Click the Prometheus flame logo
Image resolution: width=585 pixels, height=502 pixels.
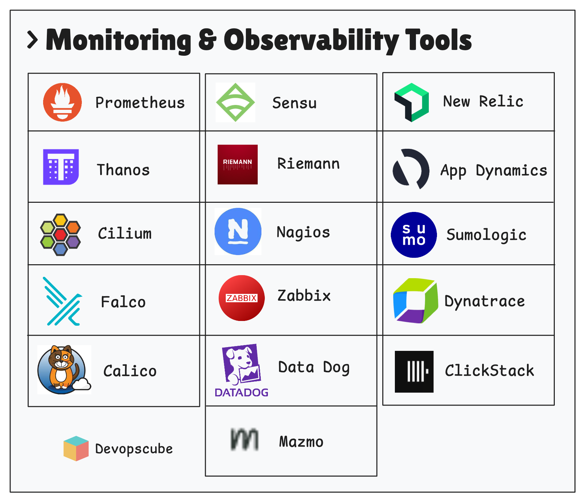62,102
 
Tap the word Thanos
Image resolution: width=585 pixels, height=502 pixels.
123,170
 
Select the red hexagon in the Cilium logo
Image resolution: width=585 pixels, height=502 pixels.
60,234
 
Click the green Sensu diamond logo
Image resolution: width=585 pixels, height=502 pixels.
235,102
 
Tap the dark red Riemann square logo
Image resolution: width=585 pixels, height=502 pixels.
238,165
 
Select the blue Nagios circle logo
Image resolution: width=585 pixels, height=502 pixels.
238,231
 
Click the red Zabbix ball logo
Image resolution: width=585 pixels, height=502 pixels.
241,298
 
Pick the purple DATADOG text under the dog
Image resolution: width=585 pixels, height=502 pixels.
241,393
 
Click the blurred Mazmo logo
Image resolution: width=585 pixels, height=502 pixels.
244,440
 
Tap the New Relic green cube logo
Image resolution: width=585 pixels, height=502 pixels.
412,102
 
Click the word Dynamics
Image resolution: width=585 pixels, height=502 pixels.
511,171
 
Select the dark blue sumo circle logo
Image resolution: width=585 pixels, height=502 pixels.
414,235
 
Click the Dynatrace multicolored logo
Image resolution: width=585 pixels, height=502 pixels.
415,301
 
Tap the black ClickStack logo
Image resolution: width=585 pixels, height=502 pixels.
414,372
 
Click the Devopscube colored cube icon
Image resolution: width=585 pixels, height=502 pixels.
76,448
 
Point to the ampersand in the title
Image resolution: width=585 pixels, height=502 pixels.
207,40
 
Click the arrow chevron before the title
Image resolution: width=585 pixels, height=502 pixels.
33,40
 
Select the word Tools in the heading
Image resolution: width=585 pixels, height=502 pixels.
438,40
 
